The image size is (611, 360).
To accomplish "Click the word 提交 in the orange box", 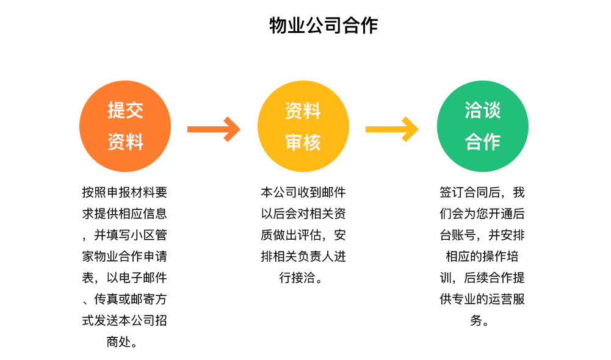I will pyautogui.click(x=125, y=110).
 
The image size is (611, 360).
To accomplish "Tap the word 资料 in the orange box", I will pyautogui.click(x=125, y=142).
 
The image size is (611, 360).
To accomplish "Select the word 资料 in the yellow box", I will pyautogui.click(x=303, y=110).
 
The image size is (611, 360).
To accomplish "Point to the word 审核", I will pyautogui.click(x=303, y=142).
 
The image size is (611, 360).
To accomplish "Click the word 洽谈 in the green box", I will pyautogui.click(x=482, y=110).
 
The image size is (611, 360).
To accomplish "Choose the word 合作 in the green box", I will pyautogui.click(x=482, y=142).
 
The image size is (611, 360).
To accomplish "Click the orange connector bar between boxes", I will pyautogui.click(x=214, y=129).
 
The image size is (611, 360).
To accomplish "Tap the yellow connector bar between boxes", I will pyautogui.click(x=392, y=129).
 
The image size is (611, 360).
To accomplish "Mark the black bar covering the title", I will pyautogui.click(x=324, y=26).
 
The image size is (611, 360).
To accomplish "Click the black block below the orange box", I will pyautogui.click(x=124, y=267).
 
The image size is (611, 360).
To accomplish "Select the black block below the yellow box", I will pyautogui.click(x=305, y=235).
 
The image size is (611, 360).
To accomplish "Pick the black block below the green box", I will pyautogui.click(x=480, y=256).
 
